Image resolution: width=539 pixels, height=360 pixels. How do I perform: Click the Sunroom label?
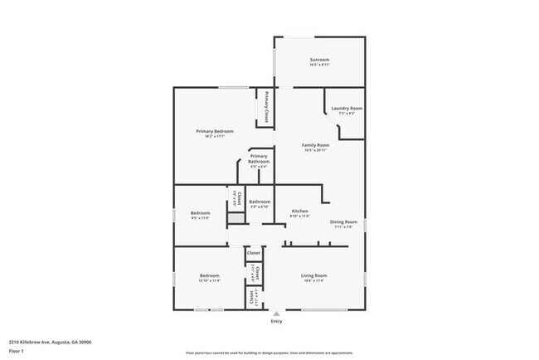[x=319, y=60]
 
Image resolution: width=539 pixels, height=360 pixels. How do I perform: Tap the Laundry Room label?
[x=347, y=109]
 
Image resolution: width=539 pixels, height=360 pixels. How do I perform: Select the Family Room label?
[x=317, y=145]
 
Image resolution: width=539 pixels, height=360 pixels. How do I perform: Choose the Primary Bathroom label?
[x=259, y=158]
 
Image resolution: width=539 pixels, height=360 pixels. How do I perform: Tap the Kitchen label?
[x=299, y=212]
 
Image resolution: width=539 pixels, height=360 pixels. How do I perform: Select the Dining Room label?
[x=343, y=221]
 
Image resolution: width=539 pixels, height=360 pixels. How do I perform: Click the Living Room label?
[x=313, y=275]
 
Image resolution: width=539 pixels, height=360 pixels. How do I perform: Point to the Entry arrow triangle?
[x=276, y=315]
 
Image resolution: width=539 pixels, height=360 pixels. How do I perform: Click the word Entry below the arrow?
[x=276, y=322]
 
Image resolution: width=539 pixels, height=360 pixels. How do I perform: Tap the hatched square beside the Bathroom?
[x=236, y=217]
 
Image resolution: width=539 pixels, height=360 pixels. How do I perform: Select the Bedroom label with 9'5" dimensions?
[x=201, y=213]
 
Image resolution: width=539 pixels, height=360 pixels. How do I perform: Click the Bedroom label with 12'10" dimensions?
[x=209, y=275]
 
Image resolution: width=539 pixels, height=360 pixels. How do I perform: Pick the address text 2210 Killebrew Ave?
[x=50, y=341]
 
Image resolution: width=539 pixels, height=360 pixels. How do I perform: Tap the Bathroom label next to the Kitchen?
[x=260, y=202]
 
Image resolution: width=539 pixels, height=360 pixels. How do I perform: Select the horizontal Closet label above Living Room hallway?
[x=254, y=252]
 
